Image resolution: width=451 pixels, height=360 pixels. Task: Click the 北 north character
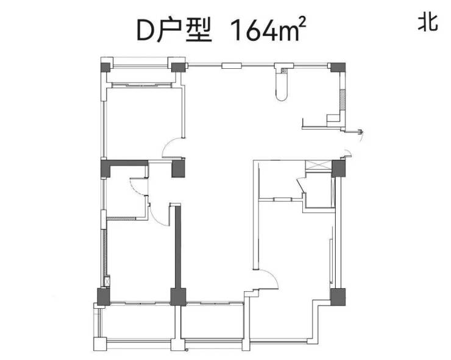(x=428, y=23)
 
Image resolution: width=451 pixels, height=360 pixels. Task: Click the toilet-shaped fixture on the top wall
(x=282, y=82)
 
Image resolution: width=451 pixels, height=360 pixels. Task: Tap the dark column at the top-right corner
(x=338, y=67)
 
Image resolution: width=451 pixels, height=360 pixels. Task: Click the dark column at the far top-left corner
(x=105, y=68)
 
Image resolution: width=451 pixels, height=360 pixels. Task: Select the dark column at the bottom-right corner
(x=338, y=297)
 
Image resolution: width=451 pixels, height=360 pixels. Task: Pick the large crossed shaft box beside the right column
(x=319, y=165)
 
